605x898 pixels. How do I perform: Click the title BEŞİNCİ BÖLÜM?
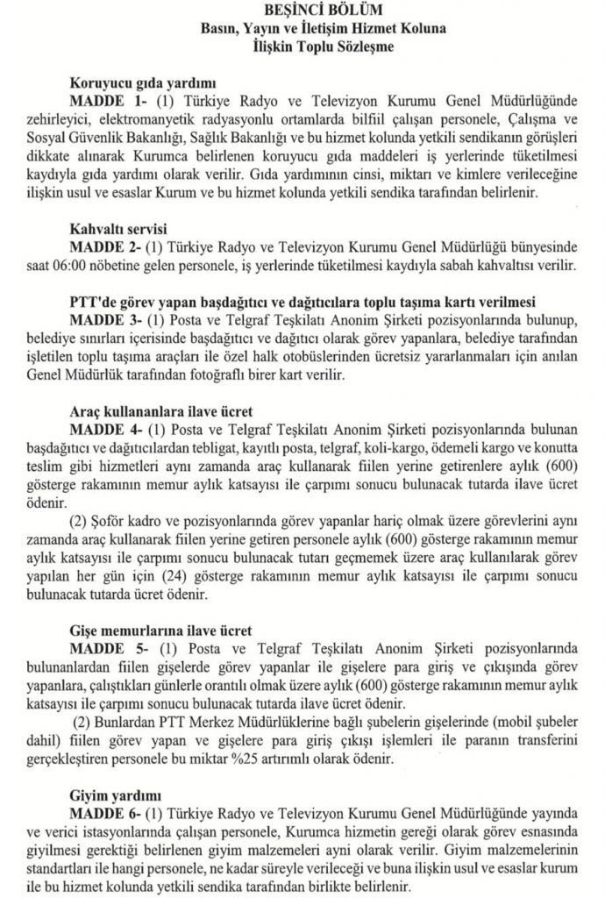(302, 11)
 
